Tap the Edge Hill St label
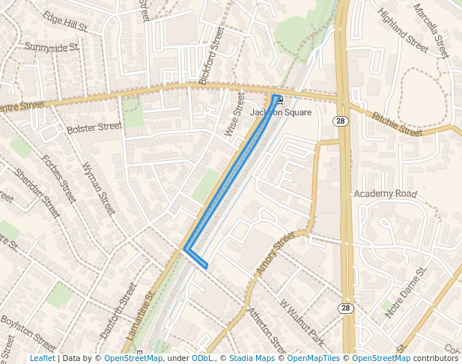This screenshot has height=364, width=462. pyautogui.click(x=65, y=22)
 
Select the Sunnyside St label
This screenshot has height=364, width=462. pyautogui.click(x=51, y=47)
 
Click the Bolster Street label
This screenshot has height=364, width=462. pyautogui.click(x=94, y=128)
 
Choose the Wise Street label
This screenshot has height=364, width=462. pyautogui.click(x=235, y=114)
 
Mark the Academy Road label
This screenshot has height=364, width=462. pyautogui.click(x=385, y=194)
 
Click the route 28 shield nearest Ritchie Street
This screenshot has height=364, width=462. pyautogui.click(x=341, y=121)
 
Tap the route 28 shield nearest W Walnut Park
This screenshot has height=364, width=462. pyautogui.click(x=344, y=308)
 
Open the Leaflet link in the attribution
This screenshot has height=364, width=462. pyautogui.click(x=43, y=358)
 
